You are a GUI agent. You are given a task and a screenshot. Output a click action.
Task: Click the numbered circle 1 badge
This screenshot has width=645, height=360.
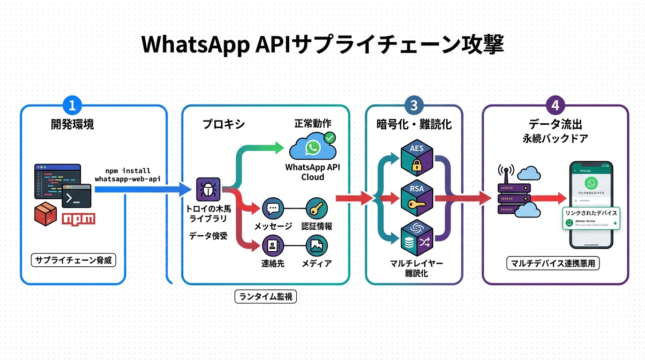point(72,105)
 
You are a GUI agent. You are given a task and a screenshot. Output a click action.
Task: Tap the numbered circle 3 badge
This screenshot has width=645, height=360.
point(413,105)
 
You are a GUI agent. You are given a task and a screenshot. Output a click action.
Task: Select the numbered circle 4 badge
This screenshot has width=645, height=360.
point(555,105)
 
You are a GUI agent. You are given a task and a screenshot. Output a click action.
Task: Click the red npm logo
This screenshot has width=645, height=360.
point(78,218)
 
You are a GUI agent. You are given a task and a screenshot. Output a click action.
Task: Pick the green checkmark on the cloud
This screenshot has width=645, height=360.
point(330,137)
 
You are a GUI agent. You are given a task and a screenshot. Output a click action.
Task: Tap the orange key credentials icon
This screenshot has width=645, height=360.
point(316,208)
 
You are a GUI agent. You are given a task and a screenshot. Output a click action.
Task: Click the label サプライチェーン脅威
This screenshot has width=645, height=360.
point(73,260)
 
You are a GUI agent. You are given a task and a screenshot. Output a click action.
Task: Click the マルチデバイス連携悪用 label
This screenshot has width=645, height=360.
point(553,263)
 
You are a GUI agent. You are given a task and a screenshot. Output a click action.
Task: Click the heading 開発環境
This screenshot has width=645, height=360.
point(72,124)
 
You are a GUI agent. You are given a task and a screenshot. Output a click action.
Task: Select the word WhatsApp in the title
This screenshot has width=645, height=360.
point(194,45)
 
